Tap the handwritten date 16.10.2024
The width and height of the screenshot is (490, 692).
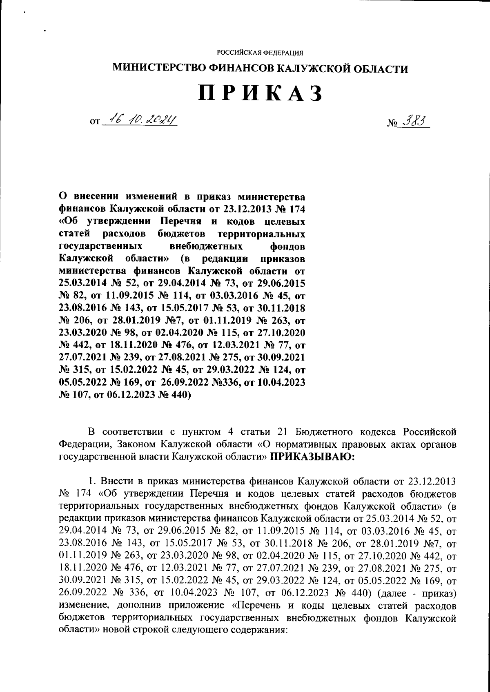(139, 120)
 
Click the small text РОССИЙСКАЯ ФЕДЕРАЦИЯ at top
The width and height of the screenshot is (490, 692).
(260, 53)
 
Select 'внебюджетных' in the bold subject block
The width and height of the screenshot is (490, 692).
(206, 246)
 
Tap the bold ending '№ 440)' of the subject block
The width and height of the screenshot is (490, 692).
(174, 395)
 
